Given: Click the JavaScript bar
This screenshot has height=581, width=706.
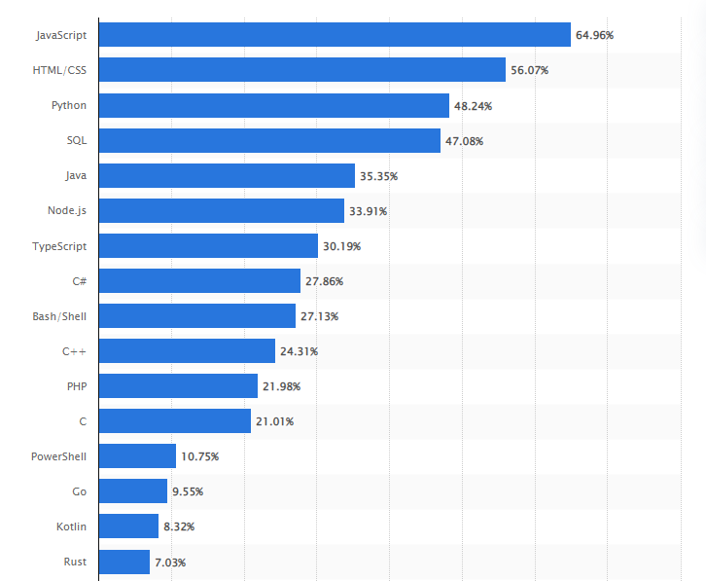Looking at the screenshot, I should pyautogui.click(x=335, y=35).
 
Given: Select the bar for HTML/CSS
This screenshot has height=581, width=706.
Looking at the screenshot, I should pyautogui.click(x=302, y=70).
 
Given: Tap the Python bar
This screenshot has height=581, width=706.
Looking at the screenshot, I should pyautogui.click(x=274, y=105).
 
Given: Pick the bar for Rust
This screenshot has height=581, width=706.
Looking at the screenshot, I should pyautogui.click(x=124, y=562).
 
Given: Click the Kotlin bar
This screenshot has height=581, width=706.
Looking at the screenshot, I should pyautogui.click(x=128, y=527).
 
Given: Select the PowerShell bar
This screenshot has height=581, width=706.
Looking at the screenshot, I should pyautogui.click(x=137, y=456).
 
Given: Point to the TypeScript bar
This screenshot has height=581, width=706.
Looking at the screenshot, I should pyautogui.click(x=208, y=246).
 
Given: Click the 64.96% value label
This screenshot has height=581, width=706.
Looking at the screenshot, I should pyautogui.click(x=594, y=35).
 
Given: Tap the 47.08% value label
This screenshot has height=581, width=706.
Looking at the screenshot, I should pyautogui.click(x=464, y=141).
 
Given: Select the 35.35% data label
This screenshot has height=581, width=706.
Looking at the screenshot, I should pyautogui.click(x=378, y=176).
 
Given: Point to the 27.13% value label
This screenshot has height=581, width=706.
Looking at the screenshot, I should pyautogui.click(x=319, y=316).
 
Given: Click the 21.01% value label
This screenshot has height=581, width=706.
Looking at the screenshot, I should pyautogui.click(x=274, y=421).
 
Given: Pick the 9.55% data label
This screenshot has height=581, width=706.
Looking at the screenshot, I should pyautogui.click(x=188, y=491).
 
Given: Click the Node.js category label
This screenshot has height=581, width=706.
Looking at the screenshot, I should pyautogui.click(x=67, y=210).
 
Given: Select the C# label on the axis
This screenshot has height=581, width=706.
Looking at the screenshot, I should pyautogui.click(x=79, y=280).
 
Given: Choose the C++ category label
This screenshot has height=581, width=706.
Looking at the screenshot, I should pyautogui.click(x=76, y=350).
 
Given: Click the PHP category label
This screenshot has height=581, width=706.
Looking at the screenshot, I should pyautogui.click(x=77, y=385).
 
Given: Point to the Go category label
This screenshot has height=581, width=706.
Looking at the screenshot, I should pyautogui.click(x=80, y=491).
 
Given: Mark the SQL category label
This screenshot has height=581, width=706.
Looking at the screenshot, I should pyautogui.click(x=77, y=140).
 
